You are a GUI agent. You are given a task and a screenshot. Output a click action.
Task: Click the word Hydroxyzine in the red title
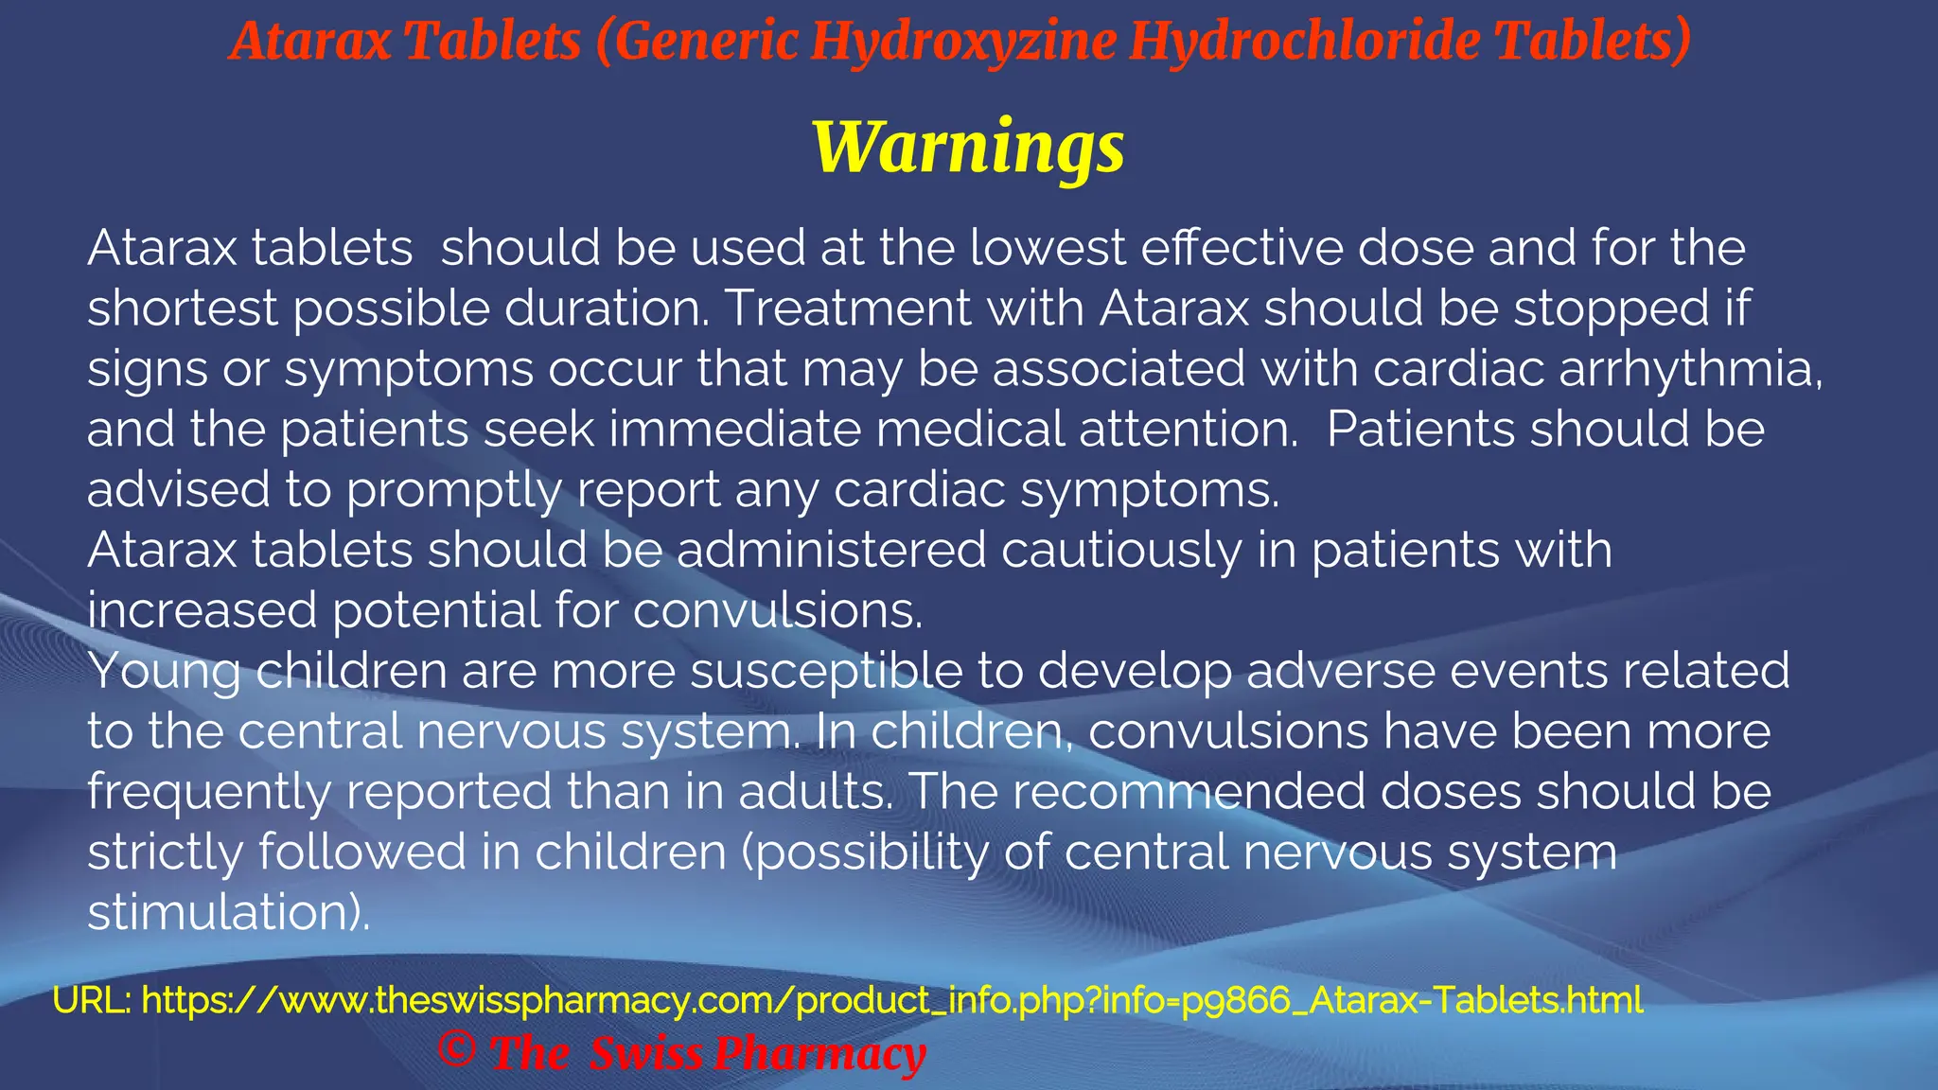(963, 42)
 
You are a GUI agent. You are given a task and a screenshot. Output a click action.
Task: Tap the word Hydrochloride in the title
(1305, 42)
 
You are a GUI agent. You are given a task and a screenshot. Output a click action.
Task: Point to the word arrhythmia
(1690, 369)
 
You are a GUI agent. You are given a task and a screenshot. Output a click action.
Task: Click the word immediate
(734, 430)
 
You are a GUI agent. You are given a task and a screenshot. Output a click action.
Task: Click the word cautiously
(1121, 551)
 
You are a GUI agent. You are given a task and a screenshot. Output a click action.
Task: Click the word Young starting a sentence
(165, 672)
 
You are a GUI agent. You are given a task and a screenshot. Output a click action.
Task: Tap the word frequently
(209, 793)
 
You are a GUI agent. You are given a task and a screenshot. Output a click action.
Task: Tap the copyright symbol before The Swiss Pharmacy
(457, 1050)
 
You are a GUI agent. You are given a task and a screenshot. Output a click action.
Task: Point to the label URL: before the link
(91, 1000)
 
